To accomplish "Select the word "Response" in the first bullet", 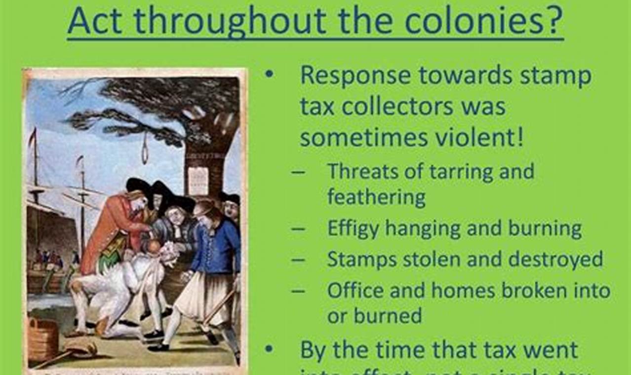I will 355,75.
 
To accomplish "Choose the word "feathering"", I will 376,197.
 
